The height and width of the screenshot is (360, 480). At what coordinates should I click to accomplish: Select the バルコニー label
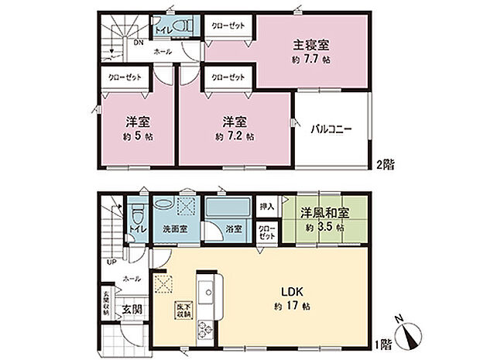point(332,129)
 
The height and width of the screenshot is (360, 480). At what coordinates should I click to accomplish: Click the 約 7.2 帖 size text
point(234,135)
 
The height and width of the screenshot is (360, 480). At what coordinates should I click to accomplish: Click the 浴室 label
point(232,229)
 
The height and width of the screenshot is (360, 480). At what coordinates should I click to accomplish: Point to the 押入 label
point(266,208)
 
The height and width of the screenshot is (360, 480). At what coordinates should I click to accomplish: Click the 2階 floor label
point(385,164)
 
